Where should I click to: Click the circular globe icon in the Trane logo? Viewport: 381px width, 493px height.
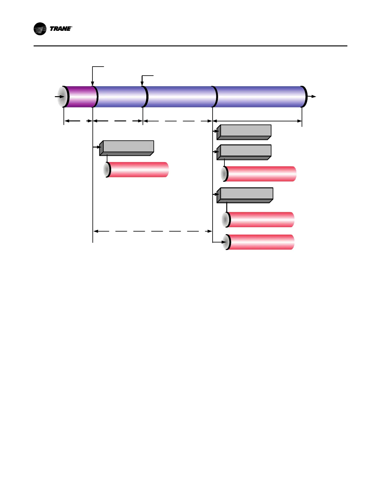[40, 29]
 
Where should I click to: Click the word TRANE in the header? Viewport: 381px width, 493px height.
[60, 29]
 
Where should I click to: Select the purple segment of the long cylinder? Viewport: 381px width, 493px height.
[80, 97]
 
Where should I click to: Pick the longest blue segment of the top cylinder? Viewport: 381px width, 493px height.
[258, 97]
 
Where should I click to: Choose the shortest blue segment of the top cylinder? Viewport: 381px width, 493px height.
[120, 97]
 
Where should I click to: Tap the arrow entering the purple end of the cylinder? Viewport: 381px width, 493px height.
[59, 97]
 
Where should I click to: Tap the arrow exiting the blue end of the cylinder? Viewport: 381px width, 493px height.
[312, 97]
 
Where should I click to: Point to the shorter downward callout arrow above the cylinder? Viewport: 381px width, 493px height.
[142, 80]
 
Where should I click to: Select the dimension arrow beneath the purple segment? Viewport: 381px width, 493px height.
[78, 121]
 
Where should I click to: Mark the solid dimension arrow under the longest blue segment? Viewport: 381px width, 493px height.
[257, 121]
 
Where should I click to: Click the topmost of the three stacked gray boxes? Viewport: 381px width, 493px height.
[244, 132]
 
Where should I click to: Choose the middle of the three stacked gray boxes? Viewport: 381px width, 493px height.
[244, 152]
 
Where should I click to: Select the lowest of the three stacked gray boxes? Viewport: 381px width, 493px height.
[245, 195]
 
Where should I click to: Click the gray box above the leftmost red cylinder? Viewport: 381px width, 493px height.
[127, 148]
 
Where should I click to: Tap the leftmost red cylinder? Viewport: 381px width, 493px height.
[137, 170]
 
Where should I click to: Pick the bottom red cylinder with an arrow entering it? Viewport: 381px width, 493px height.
[260, 242]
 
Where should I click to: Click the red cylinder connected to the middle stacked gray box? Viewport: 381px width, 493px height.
[260, 174]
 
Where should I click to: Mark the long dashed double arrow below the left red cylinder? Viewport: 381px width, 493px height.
[153, 231]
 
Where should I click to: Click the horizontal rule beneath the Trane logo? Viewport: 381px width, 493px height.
[190, 46]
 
